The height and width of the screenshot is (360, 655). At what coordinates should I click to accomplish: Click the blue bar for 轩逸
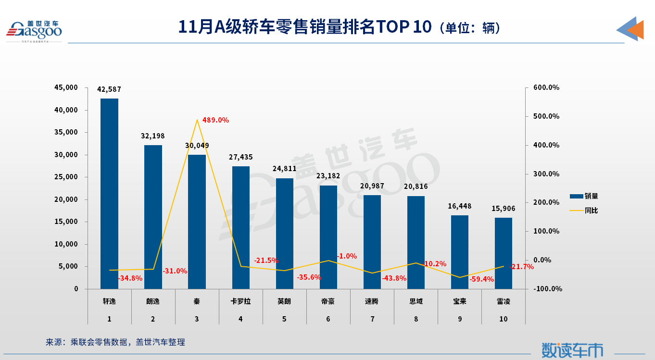click(x=109, y=193)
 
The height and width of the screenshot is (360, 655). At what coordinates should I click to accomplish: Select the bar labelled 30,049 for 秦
click(x=197, y=222)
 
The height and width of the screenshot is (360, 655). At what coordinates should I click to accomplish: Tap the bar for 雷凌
click(x=504, y=253)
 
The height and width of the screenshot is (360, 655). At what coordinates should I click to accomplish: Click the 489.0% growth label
click(x=215, y=120)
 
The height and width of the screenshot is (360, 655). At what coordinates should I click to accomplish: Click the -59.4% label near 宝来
click(x=481, y=279)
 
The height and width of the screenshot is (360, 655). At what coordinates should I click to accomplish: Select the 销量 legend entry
click(x=584, y=196)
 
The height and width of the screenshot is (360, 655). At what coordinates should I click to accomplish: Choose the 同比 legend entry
click(x=584, y=211)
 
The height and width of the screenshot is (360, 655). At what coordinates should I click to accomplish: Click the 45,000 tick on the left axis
click(x=67, y=88)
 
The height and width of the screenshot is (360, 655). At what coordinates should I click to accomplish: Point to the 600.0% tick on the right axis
click(x=546, y=88)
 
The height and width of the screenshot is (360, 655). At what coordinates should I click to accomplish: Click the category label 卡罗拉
click(x=241, y=302)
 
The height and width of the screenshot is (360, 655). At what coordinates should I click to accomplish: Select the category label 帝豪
click(x=328, y=302)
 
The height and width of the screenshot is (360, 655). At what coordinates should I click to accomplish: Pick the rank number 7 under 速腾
click(x=372, y=319)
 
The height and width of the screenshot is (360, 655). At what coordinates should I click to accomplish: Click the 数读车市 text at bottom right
click(x=572, y=350)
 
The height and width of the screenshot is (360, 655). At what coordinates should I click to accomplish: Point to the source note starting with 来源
click(x=115, y=342)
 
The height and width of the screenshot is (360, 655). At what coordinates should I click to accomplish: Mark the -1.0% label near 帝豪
click(x=347, y=256)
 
